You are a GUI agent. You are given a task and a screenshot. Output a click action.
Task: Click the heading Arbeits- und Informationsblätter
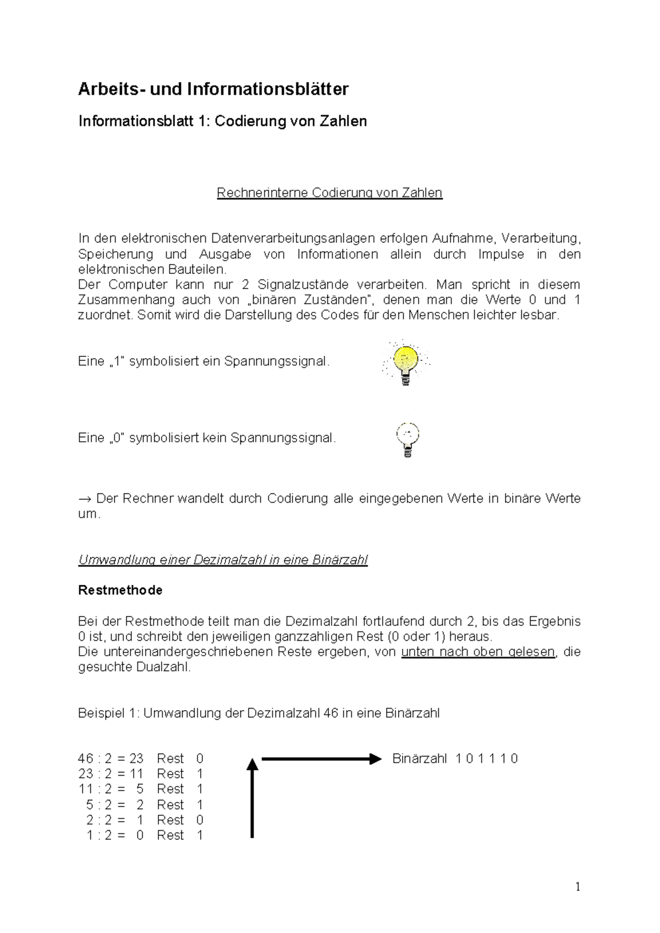213,89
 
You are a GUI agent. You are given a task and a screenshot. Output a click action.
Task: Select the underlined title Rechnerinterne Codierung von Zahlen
329,193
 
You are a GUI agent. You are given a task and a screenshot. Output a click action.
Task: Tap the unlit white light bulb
408,440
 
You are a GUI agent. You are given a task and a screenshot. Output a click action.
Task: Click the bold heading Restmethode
120,590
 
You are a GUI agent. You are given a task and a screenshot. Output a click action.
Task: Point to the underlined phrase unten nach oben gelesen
478,652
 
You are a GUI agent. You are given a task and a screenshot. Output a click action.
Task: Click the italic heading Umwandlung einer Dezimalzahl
223,560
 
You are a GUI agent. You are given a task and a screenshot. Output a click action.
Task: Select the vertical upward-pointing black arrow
252,798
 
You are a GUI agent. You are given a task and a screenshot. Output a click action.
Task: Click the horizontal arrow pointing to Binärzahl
321,759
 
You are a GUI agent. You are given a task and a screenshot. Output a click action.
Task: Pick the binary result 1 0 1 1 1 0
487,759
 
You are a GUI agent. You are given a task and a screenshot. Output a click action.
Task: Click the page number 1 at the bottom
577,887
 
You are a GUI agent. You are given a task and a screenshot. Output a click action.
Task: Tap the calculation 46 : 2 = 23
111,759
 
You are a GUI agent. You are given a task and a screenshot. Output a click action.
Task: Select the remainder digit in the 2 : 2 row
200,820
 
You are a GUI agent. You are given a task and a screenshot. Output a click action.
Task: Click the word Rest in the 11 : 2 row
170,789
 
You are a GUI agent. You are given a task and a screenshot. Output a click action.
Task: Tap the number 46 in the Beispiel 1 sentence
331,714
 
